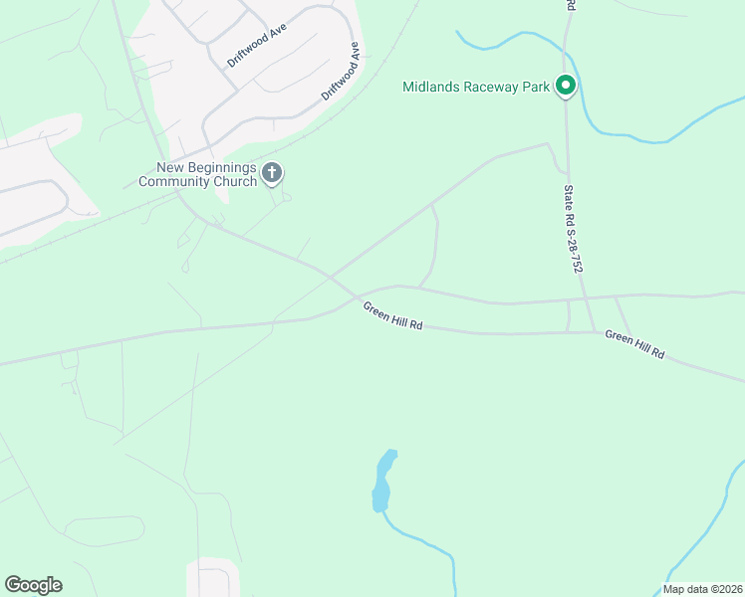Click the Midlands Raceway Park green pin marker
tap(566, 87)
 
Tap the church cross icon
tap(271, 174)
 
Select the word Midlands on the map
tap(429, 87)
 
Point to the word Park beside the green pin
tap(536, 87)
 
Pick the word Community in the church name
tap(172, 181)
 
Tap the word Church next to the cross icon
tap(233, 181)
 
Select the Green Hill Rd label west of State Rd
tap(392, 315)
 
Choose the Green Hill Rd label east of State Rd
tap(634, 345)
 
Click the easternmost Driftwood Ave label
tap(340, 72)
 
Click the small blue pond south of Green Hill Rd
tap(382, 481)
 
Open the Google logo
tap(33, 585)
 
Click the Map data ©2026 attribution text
tap(703, 589)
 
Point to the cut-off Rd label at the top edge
tap(571, 5)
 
